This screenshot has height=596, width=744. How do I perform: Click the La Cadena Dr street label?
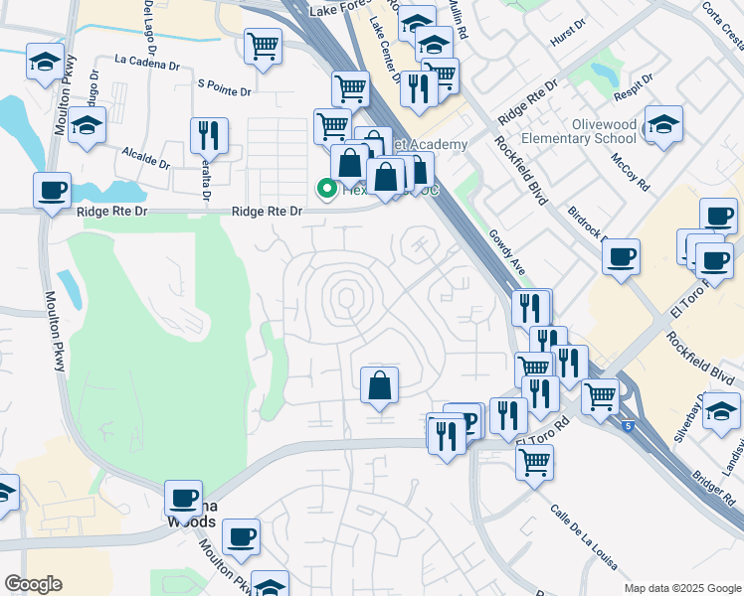(147, 61)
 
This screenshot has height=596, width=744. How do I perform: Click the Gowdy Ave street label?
(505, 250)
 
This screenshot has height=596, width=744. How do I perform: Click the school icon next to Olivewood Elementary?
(663, 123)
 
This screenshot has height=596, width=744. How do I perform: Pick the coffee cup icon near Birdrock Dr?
(622, 257)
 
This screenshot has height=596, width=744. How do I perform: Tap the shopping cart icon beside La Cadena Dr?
(263, 45)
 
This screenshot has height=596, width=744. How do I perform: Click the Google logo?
(33, 584)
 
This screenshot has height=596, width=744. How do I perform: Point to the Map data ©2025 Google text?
(681, 588)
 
